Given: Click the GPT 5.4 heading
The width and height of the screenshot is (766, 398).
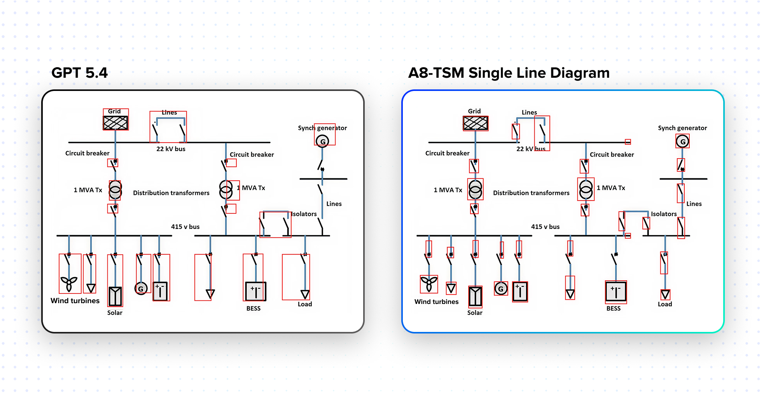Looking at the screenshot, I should tap(79, 73).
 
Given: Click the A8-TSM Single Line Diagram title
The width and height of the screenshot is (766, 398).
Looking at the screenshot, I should tap(509, 73).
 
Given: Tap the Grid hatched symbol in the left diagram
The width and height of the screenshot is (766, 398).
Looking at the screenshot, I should tap(115, 123).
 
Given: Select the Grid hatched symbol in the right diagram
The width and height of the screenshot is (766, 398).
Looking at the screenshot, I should tap(476, 123).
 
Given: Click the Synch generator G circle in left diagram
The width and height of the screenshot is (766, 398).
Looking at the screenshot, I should tap(322, 141).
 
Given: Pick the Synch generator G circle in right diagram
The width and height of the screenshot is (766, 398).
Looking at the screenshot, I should tap(682, 141).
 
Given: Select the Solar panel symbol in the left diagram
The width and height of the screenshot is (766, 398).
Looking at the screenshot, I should tap(115, 297).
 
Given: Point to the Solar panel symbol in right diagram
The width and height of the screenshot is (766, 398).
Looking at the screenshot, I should tap(475, 297).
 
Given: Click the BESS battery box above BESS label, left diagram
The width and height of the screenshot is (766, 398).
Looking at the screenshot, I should tap(255, 291).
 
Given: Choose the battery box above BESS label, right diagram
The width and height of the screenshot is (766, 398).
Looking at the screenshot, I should tap(616, 291).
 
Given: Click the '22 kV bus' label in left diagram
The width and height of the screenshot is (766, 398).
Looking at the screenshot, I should tap(171, 149).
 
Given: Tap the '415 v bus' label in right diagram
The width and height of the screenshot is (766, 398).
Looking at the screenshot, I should tap(545, 227).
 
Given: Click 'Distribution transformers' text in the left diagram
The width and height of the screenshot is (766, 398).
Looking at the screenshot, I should tap(171, 193).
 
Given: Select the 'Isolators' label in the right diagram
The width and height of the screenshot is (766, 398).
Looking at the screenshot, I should tap(664, 214).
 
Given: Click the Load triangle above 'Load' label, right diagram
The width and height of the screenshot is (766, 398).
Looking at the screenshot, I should tap(665, 294).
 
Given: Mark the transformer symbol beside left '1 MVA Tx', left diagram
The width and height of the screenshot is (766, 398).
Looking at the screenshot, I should tap(115, 190).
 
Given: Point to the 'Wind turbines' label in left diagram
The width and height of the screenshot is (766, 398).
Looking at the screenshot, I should tap(75, 301).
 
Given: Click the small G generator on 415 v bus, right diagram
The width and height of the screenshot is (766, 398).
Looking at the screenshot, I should tap(501, 288).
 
